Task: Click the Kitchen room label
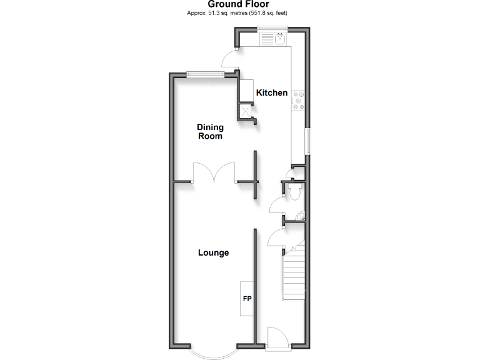coord(273,93)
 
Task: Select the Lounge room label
coord(213,253)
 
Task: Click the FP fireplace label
coord(247,299)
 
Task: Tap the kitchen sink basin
coord(281,39)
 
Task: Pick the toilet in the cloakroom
coord(296,192)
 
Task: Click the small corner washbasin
coord(301,217)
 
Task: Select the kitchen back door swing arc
coord(230,58)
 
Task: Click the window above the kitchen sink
coord(273,27)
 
